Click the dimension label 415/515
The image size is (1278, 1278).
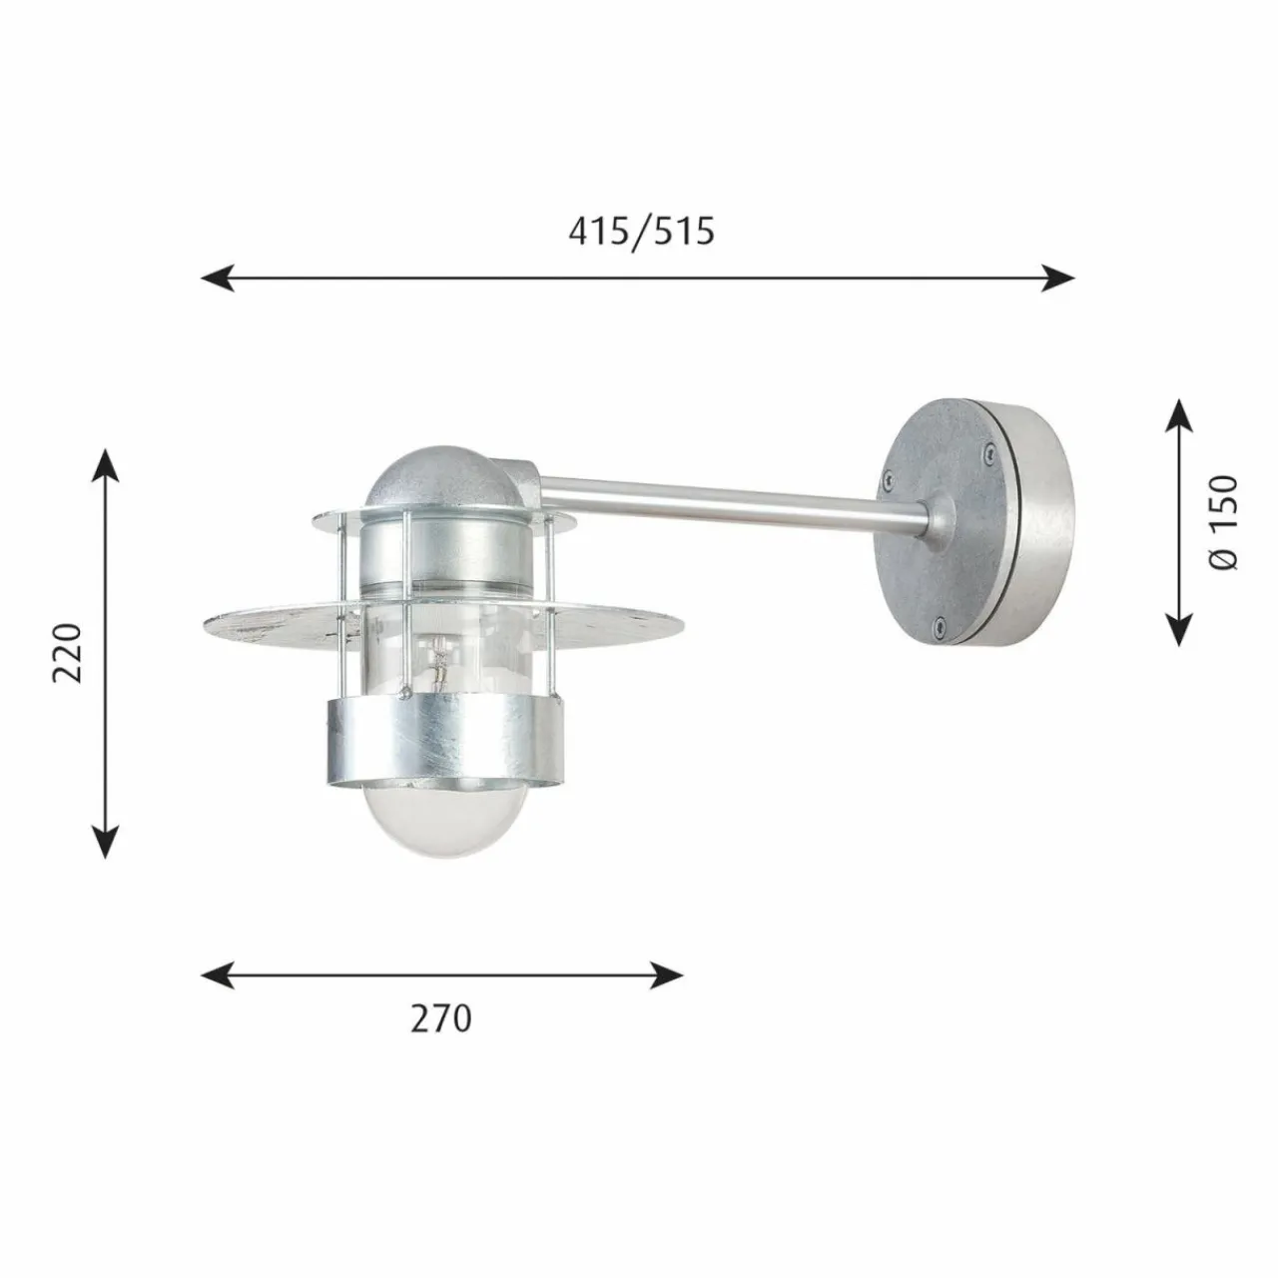tap(641, 232)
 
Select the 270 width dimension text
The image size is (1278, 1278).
tap(440, 1018)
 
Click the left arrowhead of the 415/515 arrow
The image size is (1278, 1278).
tap(218, 278)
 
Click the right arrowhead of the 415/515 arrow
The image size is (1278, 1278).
tap(1057, 278)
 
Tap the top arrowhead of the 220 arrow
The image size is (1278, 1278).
tap(105, 465)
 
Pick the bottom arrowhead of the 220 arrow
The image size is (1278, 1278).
tap(105, 842)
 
